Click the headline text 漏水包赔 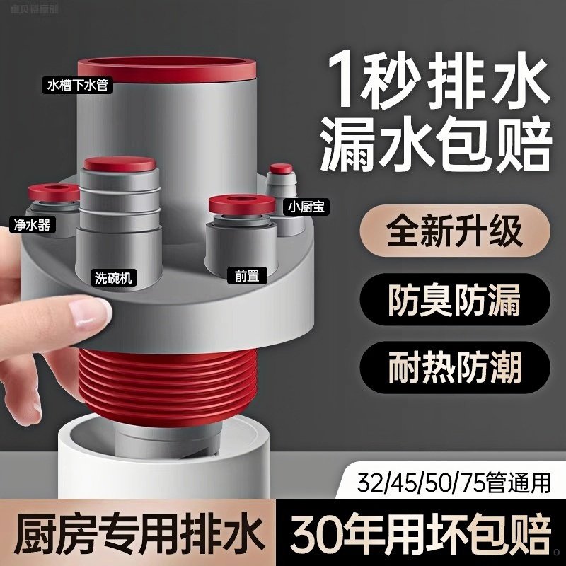point(436,144)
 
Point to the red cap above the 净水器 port point(49,192)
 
